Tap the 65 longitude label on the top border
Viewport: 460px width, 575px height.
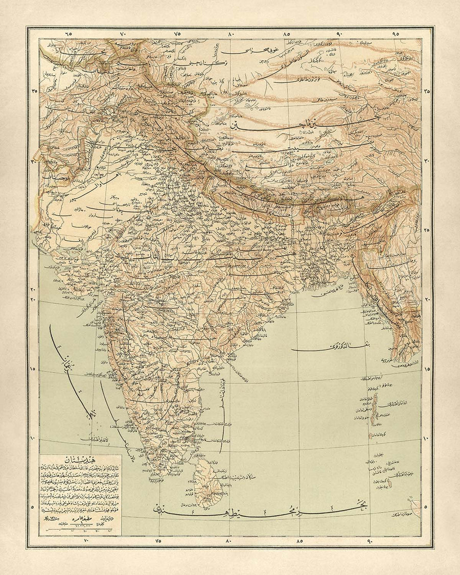click(68, 34)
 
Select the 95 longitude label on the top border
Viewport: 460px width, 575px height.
click(395, 34)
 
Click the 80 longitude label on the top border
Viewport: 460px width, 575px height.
click(231, 34)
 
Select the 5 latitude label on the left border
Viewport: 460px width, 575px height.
click(34, 508)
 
